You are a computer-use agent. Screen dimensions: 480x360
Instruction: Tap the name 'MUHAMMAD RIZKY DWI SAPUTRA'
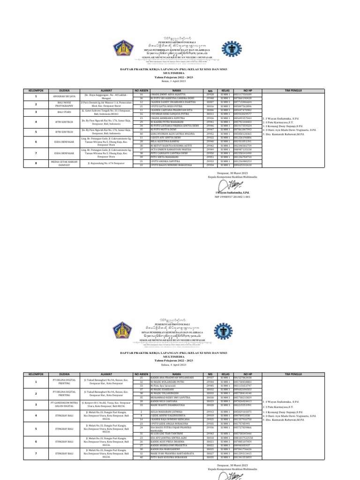(169, 397)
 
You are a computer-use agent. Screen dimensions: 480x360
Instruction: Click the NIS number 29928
(210, 94)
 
